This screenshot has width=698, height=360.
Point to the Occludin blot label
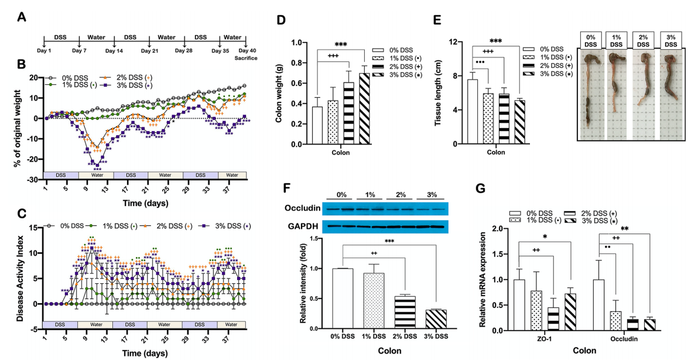coord(314,208)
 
